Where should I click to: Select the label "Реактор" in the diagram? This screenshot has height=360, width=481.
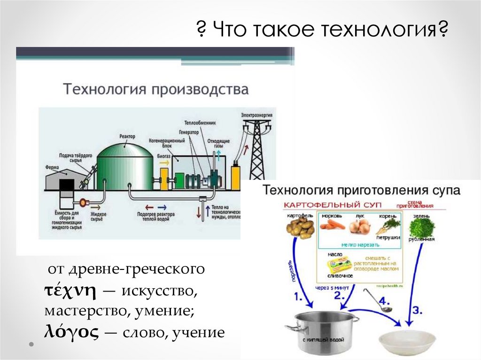[x=127, y=136]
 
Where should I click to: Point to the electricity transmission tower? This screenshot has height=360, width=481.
[x=256, y=150]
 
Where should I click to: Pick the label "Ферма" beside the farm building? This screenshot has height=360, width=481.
[x=52, y=166]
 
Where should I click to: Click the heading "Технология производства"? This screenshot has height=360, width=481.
[x=156, y=89]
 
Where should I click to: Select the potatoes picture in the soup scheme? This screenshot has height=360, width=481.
[x=300, y=228]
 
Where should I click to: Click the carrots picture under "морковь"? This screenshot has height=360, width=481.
[x=332, y=225]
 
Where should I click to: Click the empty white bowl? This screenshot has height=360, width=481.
[x=406, y=344]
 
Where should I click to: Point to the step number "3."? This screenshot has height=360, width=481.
[x=417, y=310]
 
